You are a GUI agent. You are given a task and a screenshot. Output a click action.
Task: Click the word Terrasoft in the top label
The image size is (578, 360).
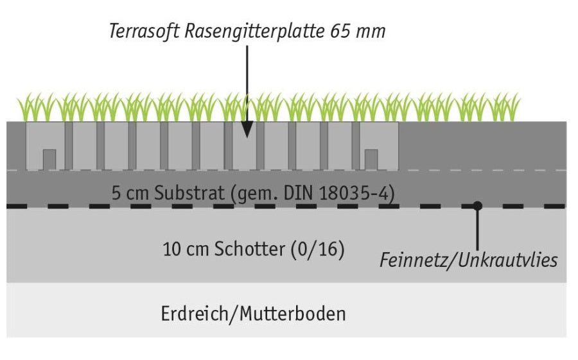pos(144,31)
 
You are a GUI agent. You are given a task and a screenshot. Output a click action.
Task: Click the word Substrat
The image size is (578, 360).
pos(189,193)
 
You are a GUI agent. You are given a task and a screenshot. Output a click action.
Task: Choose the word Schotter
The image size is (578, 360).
pos(250,249)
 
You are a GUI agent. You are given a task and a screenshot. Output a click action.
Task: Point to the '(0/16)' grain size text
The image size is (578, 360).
pos(318,250)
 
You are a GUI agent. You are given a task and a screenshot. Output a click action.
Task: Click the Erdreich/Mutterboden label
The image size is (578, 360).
pos(253,314)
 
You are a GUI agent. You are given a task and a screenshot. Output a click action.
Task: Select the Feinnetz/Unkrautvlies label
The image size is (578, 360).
pos(469,261)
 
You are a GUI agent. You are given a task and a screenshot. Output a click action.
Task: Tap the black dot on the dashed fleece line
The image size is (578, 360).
pos(477,205)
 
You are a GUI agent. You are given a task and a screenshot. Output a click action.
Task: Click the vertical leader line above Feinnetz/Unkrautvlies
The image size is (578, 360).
pos(477,228)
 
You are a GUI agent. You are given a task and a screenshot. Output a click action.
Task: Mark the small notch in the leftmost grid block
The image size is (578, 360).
pos(49,159)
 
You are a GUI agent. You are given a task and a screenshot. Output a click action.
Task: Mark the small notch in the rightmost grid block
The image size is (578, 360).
pos(371,159)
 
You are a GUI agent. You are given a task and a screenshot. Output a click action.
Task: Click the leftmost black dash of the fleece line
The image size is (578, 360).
pos(17,206)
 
